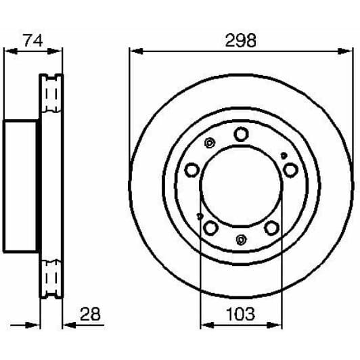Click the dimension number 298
click(x=241, y=41)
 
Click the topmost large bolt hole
click(x=241, y=134)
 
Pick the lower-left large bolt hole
click(x=210, y=227)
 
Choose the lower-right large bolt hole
click(x=271, y=228)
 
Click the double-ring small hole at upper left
click(x=209, y=143)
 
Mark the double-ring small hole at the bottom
click(x=241, y=239)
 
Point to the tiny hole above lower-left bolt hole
click(x=199, y=217)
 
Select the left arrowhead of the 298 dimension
click(x=133, y=51)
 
